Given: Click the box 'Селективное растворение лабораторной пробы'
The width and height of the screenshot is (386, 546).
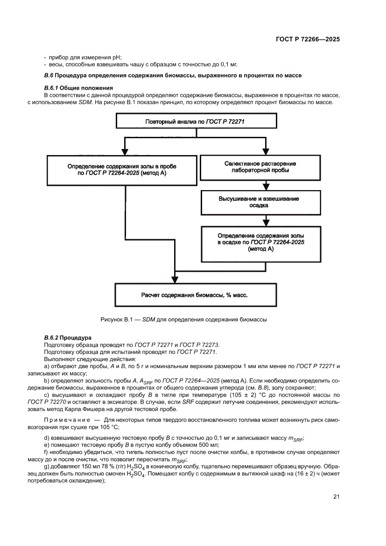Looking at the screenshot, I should pyautogui.click(x=260, y=167).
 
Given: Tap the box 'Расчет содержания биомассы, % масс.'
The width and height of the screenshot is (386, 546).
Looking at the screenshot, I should pyautogui.click(x=194, y=295).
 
